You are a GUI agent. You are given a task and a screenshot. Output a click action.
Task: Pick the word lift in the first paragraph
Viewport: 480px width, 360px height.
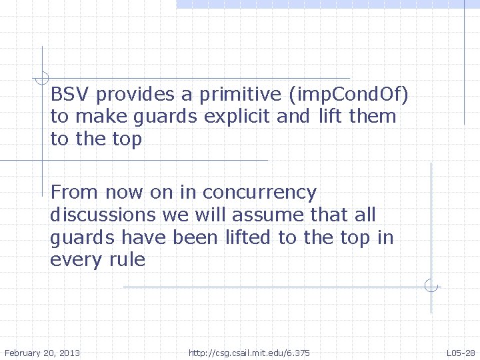click(x=327, y=117)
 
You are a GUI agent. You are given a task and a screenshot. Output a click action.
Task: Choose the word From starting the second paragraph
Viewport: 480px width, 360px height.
click(x=69, y=193)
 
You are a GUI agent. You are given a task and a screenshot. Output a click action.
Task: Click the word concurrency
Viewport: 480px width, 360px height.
click(x=259, y=193)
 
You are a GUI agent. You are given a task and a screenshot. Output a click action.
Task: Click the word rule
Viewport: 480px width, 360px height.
click(x=128, y=259)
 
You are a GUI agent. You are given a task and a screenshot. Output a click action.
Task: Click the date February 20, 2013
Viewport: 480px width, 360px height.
click(x=42, y=352)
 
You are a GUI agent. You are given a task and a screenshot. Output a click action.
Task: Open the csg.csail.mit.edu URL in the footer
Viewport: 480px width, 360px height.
click(x=249, y=352)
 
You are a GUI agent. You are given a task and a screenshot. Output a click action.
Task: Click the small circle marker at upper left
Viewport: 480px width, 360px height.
click(x=42, y=76)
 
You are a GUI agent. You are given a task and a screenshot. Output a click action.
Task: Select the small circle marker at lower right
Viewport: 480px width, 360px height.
click(x=431, y=287)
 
